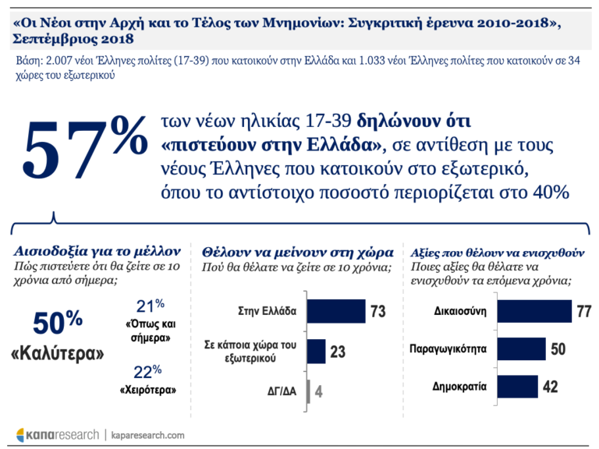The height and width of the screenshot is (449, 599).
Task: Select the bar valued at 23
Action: (316, 352)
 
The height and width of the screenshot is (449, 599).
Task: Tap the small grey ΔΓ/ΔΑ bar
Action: (309, 390)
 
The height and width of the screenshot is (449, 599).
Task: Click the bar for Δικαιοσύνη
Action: (544, 311)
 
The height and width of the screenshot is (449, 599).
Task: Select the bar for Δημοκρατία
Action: (516, 386)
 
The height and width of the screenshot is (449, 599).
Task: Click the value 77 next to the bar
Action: (584, 311)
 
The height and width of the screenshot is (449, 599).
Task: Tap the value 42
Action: (550, 387)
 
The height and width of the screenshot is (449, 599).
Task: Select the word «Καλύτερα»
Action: (57, 353)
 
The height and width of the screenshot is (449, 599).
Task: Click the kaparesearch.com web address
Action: (147, 434)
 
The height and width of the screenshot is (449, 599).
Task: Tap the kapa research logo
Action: (58, 434)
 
